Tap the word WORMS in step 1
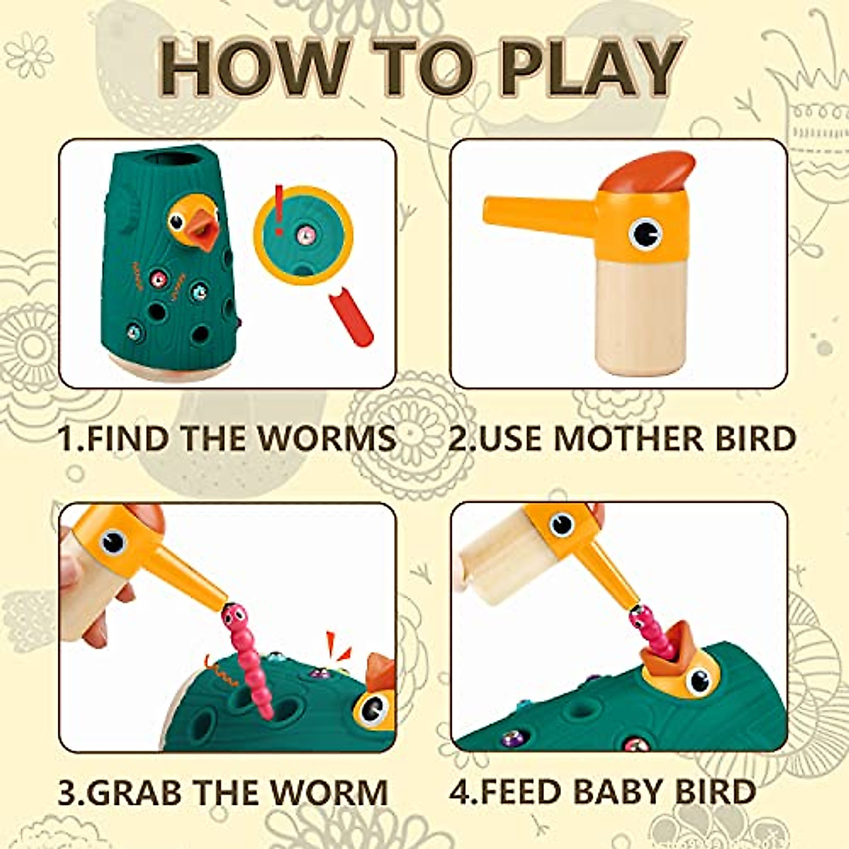coord(326,438)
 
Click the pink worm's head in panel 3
coord(231,613)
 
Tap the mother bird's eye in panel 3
coord(112,542)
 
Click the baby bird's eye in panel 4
coord(699,681)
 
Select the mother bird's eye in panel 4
coord(561,524)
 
